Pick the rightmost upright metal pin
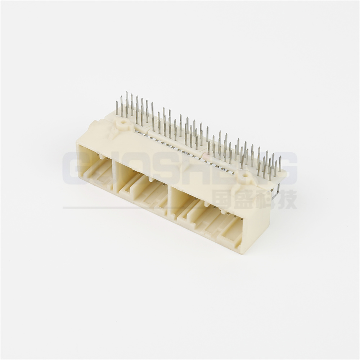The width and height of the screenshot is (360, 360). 280,164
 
